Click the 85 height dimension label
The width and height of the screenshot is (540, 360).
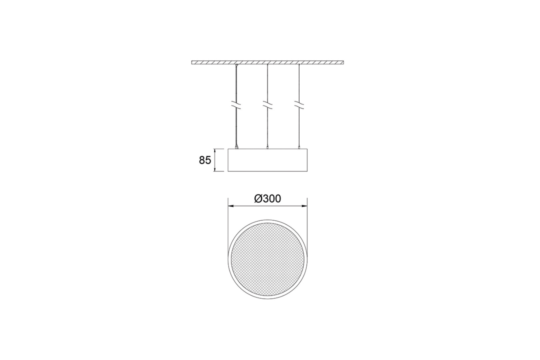(205, 160)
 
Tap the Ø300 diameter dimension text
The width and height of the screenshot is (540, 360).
(268, 199)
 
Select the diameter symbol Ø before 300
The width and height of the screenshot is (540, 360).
(258, 199)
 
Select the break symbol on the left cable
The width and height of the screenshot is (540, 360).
(236, 106)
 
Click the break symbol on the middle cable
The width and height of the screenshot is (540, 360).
(267, 106)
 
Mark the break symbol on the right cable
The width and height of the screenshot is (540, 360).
(298, 106)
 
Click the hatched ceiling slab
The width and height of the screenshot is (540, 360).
(267, 62)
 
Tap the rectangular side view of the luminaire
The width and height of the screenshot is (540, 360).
(267, 160)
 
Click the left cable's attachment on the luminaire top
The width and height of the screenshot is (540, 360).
(236, 148)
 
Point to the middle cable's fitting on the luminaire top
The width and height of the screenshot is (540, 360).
(267, 149)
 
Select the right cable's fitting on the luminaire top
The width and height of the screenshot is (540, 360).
(298, 149)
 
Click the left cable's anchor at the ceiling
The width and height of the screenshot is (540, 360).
(237, 66)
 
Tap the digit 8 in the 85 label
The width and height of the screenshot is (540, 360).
(202, 160)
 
